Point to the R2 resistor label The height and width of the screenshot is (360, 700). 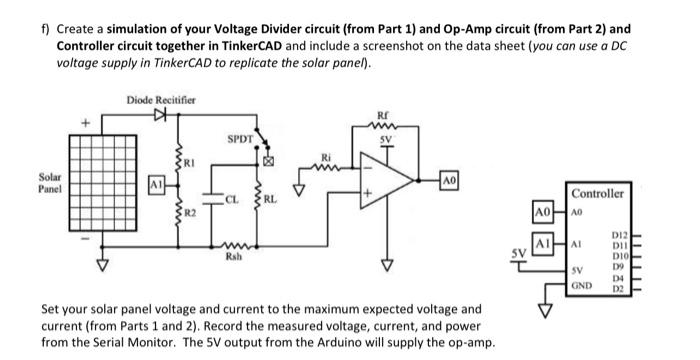tap(191, 212)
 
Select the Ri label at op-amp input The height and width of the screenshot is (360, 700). tap(325, 156)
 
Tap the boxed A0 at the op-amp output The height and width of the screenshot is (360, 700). tap(449, 178)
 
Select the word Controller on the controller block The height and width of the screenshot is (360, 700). tap(600, 192)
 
